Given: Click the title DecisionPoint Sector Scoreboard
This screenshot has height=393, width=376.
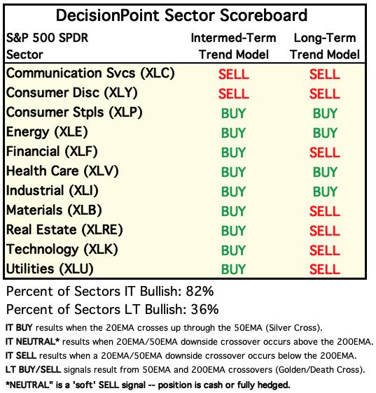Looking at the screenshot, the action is [x=181, y=15].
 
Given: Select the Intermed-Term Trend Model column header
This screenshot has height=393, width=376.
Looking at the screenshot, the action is [x=233, y=46].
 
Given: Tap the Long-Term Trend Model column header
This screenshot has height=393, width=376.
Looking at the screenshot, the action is [x=325, y=46].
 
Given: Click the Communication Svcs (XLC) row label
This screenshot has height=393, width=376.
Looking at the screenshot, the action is [x=90, y=73].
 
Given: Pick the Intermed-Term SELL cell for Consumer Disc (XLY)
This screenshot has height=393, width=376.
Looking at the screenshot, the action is [x=234, y=94].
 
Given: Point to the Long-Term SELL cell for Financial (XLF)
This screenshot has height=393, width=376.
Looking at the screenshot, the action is [x=325, y=152].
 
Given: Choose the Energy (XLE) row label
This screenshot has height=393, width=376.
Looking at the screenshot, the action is [x=47, y=132].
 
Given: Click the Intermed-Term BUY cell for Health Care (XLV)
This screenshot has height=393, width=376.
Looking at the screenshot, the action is [x=233, y=172].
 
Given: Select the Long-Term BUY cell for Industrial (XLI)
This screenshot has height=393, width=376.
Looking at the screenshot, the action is [x=325, y=192].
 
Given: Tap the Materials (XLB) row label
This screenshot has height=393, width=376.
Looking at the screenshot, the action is [x=54, y=210].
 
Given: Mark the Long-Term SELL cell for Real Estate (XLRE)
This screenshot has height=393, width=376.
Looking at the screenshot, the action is [x=325, y=231].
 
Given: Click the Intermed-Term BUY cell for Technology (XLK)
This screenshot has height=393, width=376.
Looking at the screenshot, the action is [x=233, y=250].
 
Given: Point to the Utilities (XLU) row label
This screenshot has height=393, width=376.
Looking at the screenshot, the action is [x=50, y=269].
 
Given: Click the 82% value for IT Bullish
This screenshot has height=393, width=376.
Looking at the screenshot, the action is [x=200, y=291].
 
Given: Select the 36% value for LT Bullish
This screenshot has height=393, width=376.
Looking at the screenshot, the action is [x=205, y=309].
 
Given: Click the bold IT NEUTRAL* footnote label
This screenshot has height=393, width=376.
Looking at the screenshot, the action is [x=32, y=342].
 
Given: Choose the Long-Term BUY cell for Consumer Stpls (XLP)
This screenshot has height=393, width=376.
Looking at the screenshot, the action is [x=325, y=113].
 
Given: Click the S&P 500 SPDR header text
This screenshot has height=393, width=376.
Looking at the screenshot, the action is [x=47, y=38].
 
